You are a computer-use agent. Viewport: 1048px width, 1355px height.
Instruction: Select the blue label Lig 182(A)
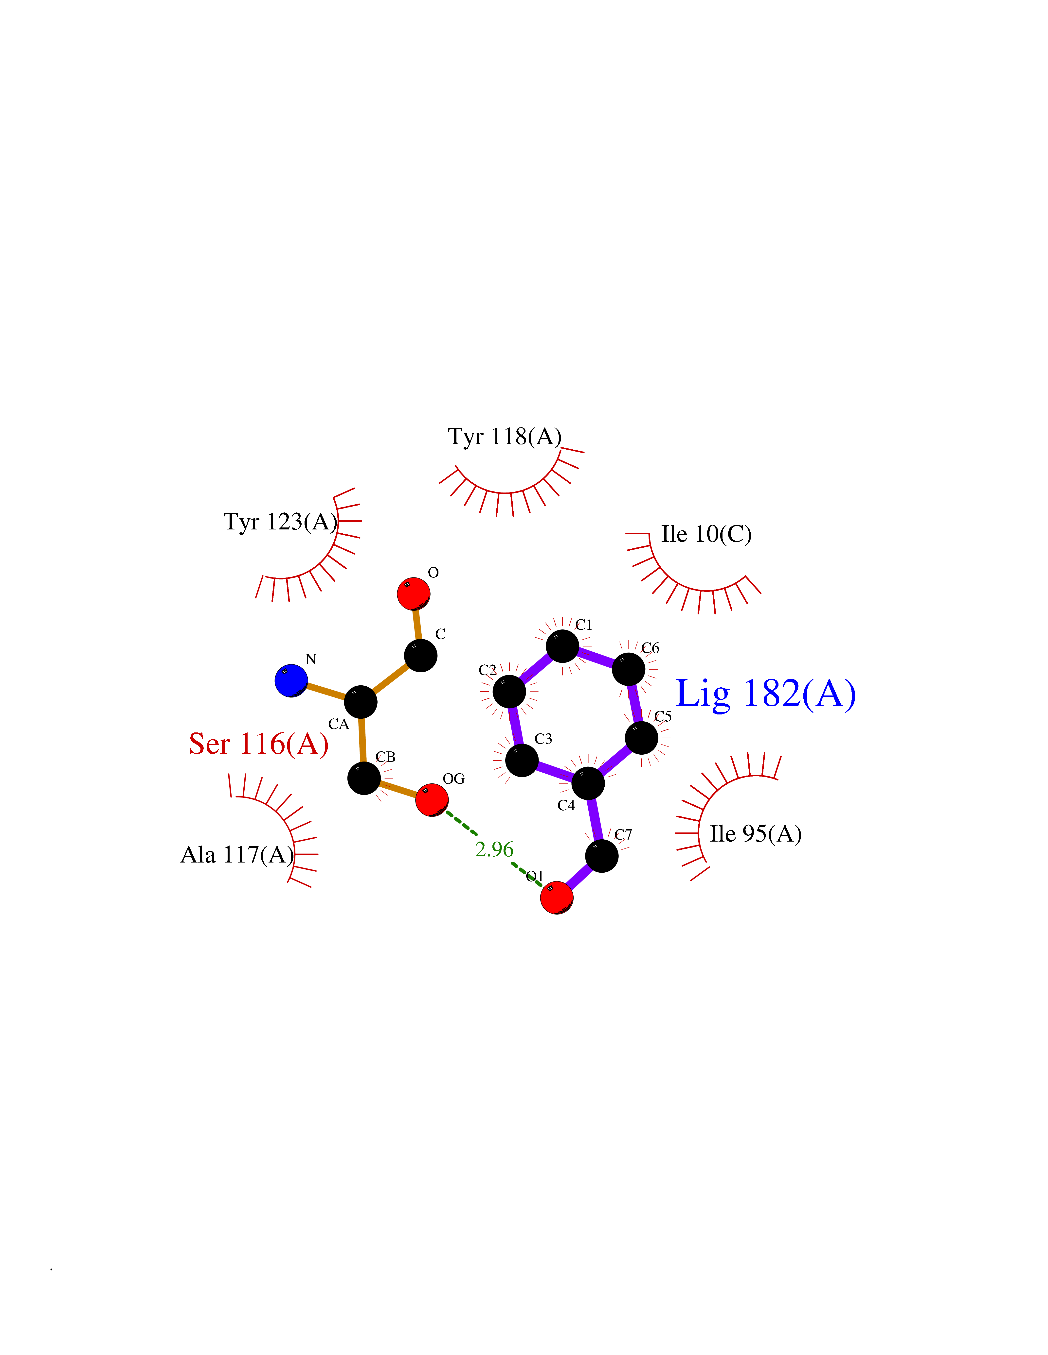[765, 694]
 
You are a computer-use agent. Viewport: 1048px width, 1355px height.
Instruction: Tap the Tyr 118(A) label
[505, 437]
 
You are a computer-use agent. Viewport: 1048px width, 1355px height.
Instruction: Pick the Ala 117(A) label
[237, 855]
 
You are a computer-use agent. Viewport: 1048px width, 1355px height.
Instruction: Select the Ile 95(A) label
[756, 834]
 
